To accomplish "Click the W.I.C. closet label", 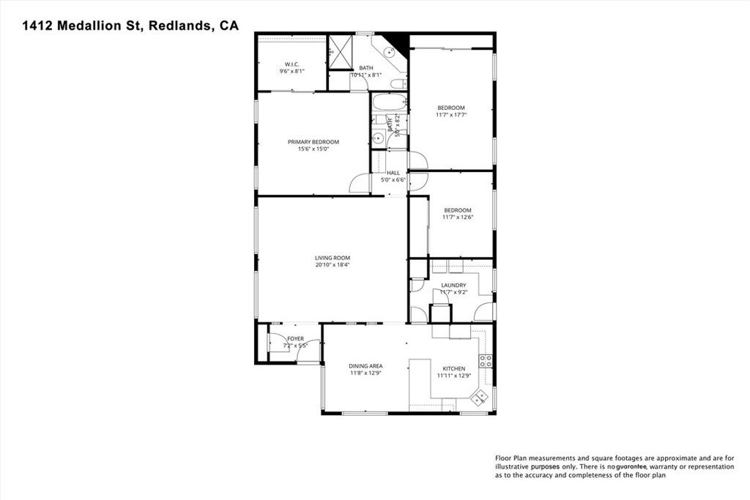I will coord(292,64).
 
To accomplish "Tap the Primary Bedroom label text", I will coord(313,141).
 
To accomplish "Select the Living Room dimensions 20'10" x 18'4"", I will coord(333,265).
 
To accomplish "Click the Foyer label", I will coord(295,338).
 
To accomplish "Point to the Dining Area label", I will coord(365,366).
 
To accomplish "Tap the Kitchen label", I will coord(453,368).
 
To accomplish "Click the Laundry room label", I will coord(453,285).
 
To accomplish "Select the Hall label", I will coord(393,173).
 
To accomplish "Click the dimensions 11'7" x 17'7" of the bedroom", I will coord(451,114).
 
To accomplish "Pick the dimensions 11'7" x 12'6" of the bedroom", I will coord(458,217).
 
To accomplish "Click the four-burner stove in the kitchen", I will coord(485,359).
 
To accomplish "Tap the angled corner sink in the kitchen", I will coord(480,398).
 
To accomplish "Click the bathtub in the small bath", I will coord(389,102).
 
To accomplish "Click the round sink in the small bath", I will coord(378,138).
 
